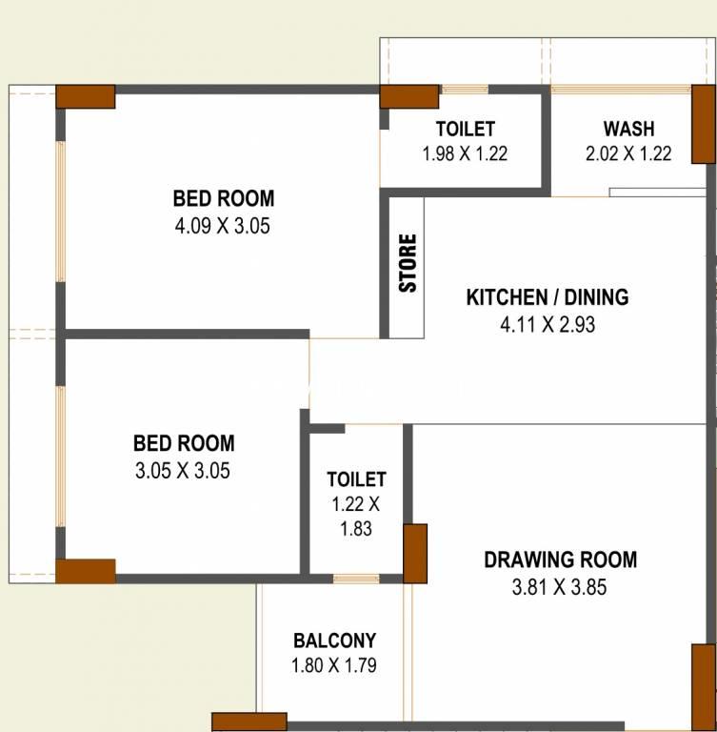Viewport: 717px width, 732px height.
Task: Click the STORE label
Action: tap(408, 263)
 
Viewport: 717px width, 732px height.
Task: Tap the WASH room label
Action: tap(628, 129)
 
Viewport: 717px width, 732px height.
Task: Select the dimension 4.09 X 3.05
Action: tap(223, 226)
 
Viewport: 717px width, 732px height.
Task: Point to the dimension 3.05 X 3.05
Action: tap(183, 471)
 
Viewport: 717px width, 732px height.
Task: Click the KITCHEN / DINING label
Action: tap(548, 297)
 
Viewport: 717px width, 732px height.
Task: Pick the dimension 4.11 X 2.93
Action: tap(548, 324)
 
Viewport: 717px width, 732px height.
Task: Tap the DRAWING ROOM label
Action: tap(560, 559)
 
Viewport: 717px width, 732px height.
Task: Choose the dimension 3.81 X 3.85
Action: tap(559, 587)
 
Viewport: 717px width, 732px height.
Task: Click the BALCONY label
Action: tap(334, 640)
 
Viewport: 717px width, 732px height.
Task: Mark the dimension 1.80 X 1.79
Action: tap(334, 665)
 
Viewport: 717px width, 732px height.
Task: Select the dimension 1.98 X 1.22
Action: tap(465, 153)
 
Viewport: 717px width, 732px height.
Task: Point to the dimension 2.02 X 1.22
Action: tap(628, 153)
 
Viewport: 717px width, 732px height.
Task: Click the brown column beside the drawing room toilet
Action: tap(415, 554)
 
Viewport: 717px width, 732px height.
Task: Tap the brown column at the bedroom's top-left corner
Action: tap(86, 96)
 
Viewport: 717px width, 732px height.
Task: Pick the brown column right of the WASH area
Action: tap(704, 124)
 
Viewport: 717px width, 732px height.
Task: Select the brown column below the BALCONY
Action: tap(249, 722)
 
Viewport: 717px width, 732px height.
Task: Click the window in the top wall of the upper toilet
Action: tap(465, 90)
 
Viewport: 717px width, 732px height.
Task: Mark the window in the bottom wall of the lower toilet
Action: tap(356, 579)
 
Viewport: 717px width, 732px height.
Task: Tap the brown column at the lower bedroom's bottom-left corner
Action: tap(86, 572)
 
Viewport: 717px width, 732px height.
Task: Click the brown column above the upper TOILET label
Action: tap(409, 96)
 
